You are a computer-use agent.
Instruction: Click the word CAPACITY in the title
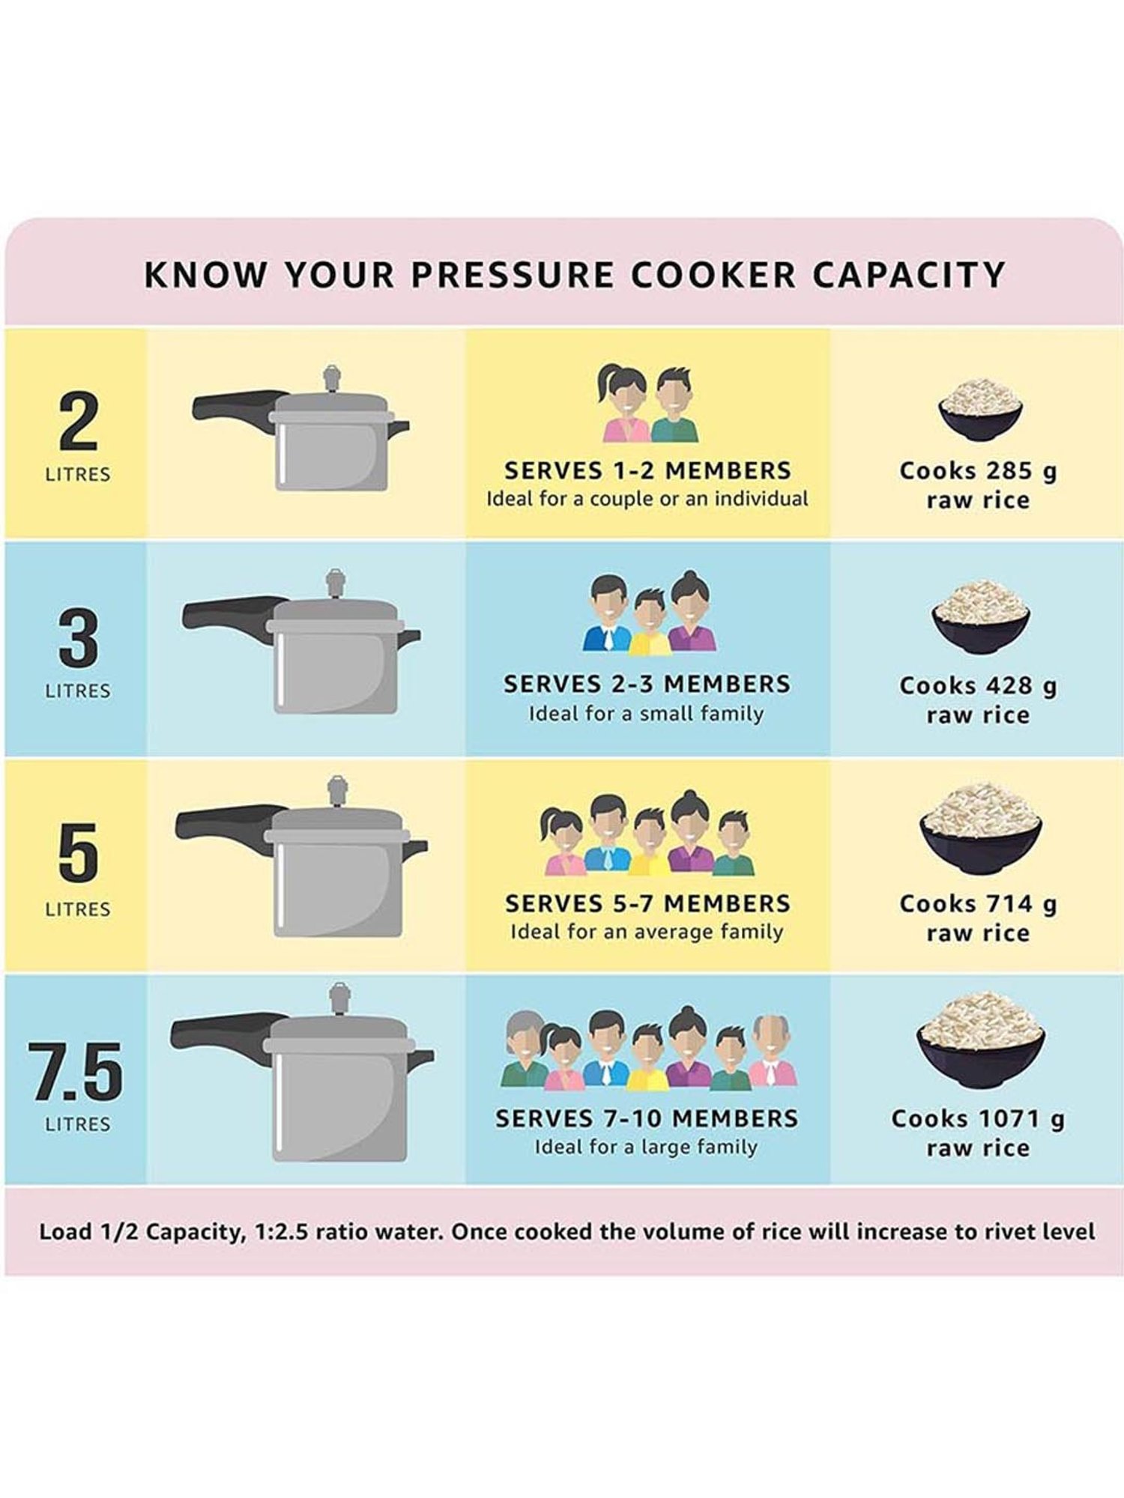click(x=908, y=275)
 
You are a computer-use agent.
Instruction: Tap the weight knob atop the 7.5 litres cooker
click(x=339, y=998)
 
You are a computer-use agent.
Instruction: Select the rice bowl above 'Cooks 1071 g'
click(x=980, y=1041)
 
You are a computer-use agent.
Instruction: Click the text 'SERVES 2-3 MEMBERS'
click(x=647, y=685)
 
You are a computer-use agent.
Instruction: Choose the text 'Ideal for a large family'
click(x=646, y=1147)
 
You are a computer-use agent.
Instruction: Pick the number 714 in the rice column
click(x=1009, y=904)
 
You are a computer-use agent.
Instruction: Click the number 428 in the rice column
click(x=1009, y=686)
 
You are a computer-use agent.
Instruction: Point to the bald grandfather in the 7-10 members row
click(x=772, y=1049)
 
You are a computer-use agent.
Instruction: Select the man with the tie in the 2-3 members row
click(x=608, y=610)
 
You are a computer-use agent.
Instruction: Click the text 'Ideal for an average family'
click(x=647, y=932)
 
